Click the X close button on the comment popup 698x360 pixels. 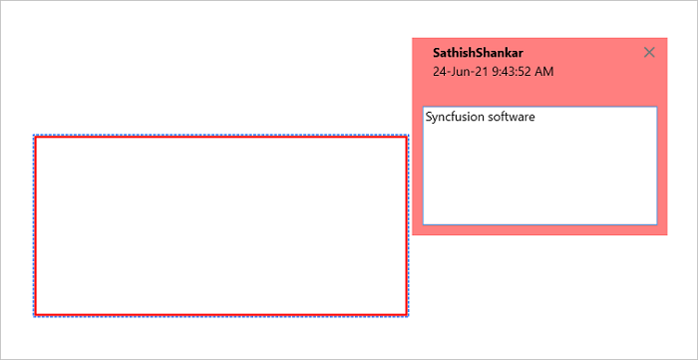coord(650,53)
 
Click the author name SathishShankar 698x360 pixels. coord(478,53)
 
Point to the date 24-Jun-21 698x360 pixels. coord(457,72)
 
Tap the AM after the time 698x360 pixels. coord(544,72)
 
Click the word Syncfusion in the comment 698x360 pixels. coord(457,117)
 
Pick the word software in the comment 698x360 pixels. coord(514,117)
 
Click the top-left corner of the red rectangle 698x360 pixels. coord(36,137)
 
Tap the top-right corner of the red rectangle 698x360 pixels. coord(407,137)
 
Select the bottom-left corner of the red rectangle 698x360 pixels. coord(36,314)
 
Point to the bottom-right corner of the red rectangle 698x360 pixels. coord(407,314)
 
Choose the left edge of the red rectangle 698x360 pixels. coord(36,225)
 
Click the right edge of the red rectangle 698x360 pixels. coord(407,225)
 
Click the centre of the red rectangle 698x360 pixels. coord(221,225)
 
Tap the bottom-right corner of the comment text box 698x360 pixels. coord(656,223)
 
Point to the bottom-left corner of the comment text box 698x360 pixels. coord(424,223)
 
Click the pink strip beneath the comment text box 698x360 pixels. coord(539,230)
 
